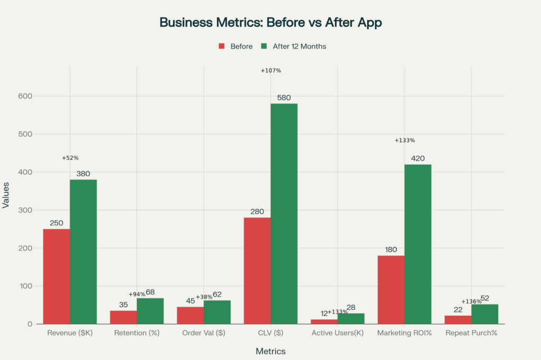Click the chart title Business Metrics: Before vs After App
point(270,23)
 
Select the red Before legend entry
point(236,46)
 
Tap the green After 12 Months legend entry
point(294,46)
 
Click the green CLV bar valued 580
point(284,213)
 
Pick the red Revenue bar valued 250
point(57,276)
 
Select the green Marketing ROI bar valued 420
point(417,244)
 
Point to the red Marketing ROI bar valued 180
point(390,289)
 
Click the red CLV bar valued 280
point(257,270)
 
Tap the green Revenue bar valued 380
point(83,251)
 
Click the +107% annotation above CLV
point(271,71)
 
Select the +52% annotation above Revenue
point(70,158)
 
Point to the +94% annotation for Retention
point(137,294)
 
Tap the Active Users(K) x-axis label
point(338,334)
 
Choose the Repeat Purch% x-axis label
point(471,334)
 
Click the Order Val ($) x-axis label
point(203,334)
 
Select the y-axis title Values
point(6,210)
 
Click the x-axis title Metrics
point(270,352)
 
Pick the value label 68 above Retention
point(150,292)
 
